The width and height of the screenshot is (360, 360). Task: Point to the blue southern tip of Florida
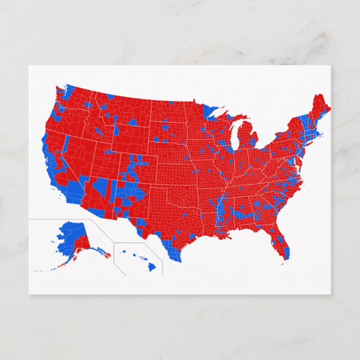tap(286, 253)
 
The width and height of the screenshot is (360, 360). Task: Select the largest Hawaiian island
tap(151, 267)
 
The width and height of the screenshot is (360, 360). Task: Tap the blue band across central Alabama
tap(245, 214)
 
